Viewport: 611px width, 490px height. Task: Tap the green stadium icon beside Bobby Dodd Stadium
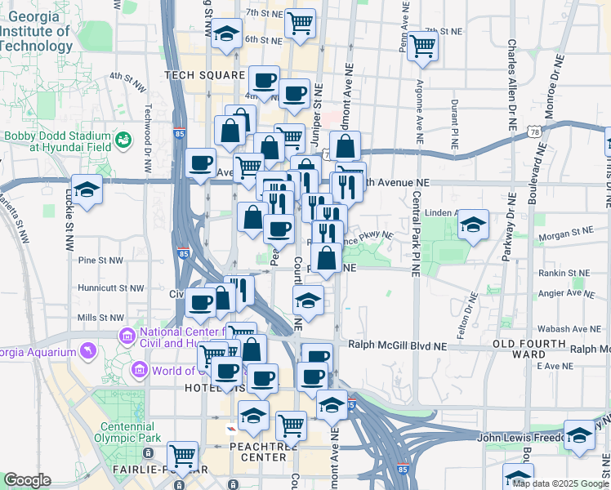coord(123,140)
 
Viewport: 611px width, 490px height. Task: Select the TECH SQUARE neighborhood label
coord(205,75)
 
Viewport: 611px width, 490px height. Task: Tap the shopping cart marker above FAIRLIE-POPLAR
coord(181,454)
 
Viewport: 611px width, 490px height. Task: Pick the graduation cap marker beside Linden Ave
coord(473,224)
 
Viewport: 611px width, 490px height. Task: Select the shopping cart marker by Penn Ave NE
coord(423,46)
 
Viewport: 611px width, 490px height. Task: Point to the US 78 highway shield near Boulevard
coord(533,131)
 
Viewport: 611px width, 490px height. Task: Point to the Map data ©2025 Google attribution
coord(560,483)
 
